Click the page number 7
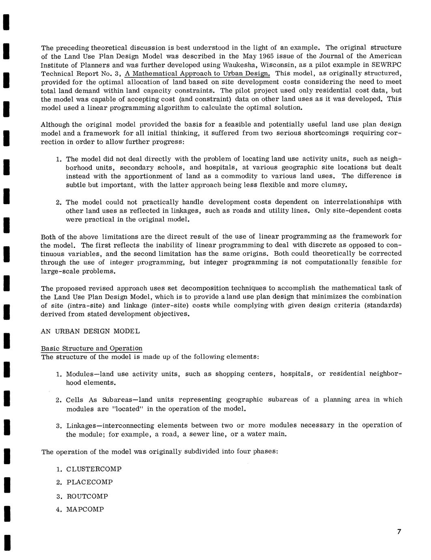click(x=399, y=532)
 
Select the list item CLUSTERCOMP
click(x=94, y=469)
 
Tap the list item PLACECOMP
click(x=89, y=482)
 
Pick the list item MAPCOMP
click(x=85, y=509)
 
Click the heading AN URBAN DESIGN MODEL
click(x=90, y=331)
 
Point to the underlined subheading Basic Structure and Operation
click(x=92, y=349)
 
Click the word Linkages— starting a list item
click(x=84, y=426)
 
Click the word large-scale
click(x=58, y=271)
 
